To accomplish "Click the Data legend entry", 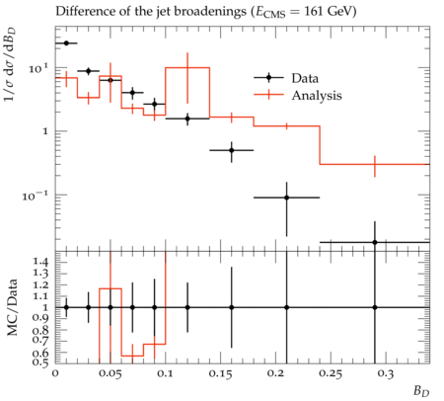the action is click(286, 78).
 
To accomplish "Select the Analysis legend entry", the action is click(298, 95).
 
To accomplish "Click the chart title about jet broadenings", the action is click(206, 12).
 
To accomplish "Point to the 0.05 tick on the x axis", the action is click(111, 373).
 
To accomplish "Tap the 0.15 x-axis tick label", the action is click(220, 373).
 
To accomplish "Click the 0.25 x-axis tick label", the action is click(331, 373).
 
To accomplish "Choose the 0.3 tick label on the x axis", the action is click(386, 373).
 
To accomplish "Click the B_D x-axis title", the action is click(421, 391).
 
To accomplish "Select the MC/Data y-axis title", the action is click(12, 307).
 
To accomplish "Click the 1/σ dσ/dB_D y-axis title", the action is click(10, 64).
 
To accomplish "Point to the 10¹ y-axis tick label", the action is click(39, 69).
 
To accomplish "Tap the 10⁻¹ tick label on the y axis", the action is click(35, 197).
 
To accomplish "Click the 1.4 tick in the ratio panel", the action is click(40, 262).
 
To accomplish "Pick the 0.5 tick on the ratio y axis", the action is click(40, 362).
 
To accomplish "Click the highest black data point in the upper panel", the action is click(66, 43).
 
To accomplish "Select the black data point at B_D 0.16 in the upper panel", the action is click(232, 150).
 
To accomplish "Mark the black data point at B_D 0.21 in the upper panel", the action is click(286, 198).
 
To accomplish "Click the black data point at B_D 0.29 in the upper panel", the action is click(375, 242).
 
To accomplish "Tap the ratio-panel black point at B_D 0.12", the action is click(187, 307).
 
